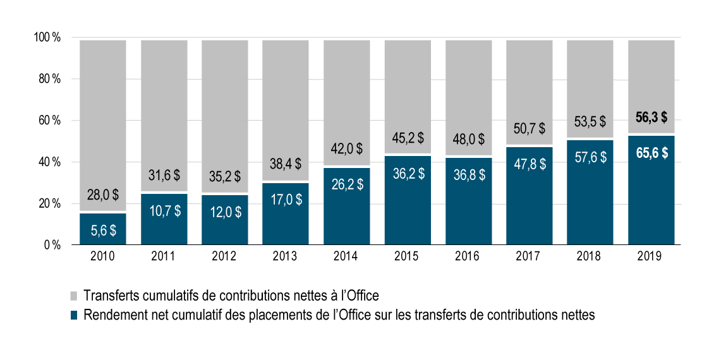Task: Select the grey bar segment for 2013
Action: pos(286,95)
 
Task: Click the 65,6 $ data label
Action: pos(651,153)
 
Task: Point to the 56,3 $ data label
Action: pos(651,117)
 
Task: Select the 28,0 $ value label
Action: pos(103,195)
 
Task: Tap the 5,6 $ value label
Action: pos(103,231)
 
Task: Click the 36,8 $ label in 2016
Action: pos(469,175)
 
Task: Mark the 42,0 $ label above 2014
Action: pos(347,149)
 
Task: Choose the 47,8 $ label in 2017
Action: pos(530,165)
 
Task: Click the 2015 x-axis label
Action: pos(408,257)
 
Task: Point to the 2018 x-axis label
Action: pos(590,257)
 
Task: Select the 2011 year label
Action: pos(164,257)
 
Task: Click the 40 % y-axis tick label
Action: pos(49,162)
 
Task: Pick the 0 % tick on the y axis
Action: pos(51,245)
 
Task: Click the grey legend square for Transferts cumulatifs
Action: pos(73,296)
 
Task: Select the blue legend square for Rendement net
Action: pos(73,315)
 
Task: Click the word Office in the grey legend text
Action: pos(361,295)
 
